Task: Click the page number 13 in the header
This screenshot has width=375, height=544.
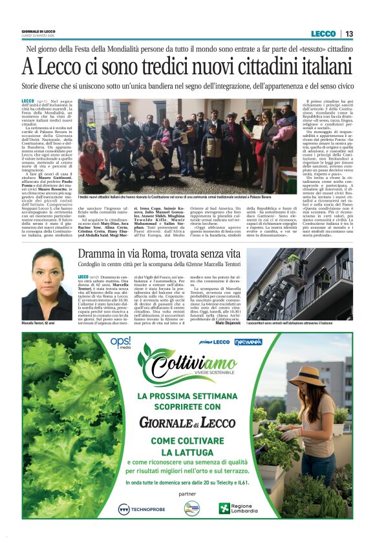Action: pyautogui.click(x=349, y=34)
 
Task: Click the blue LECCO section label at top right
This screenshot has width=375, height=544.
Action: pyautogui.click(x=323, y=34)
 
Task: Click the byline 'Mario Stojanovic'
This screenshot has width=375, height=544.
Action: pyautogui.click(x=228, y=321)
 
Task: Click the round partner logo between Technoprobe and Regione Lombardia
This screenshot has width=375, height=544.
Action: pyautogui.click(x=192, y=508)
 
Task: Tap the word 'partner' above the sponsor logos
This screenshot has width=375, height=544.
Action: pyautogui.click(x=188, y=494)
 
